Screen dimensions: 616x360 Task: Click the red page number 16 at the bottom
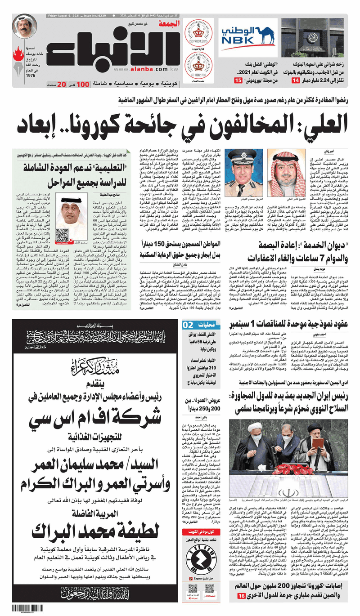(241, 598)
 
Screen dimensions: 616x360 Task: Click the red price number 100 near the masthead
(83, 84)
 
